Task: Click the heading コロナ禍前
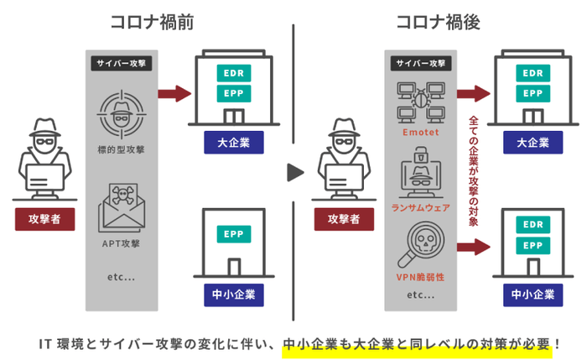pos(152,23)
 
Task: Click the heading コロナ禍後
pos(438,23)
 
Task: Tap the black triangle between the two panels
pos(294,173)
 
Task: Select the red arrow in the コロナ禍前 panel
pos(173,91)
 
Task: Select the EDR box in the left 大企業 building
pos(233,72)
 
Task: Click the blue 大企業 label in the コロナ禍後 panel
pos(532,142)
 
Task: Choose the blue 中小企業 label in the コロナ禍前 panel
pos(233,295)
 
